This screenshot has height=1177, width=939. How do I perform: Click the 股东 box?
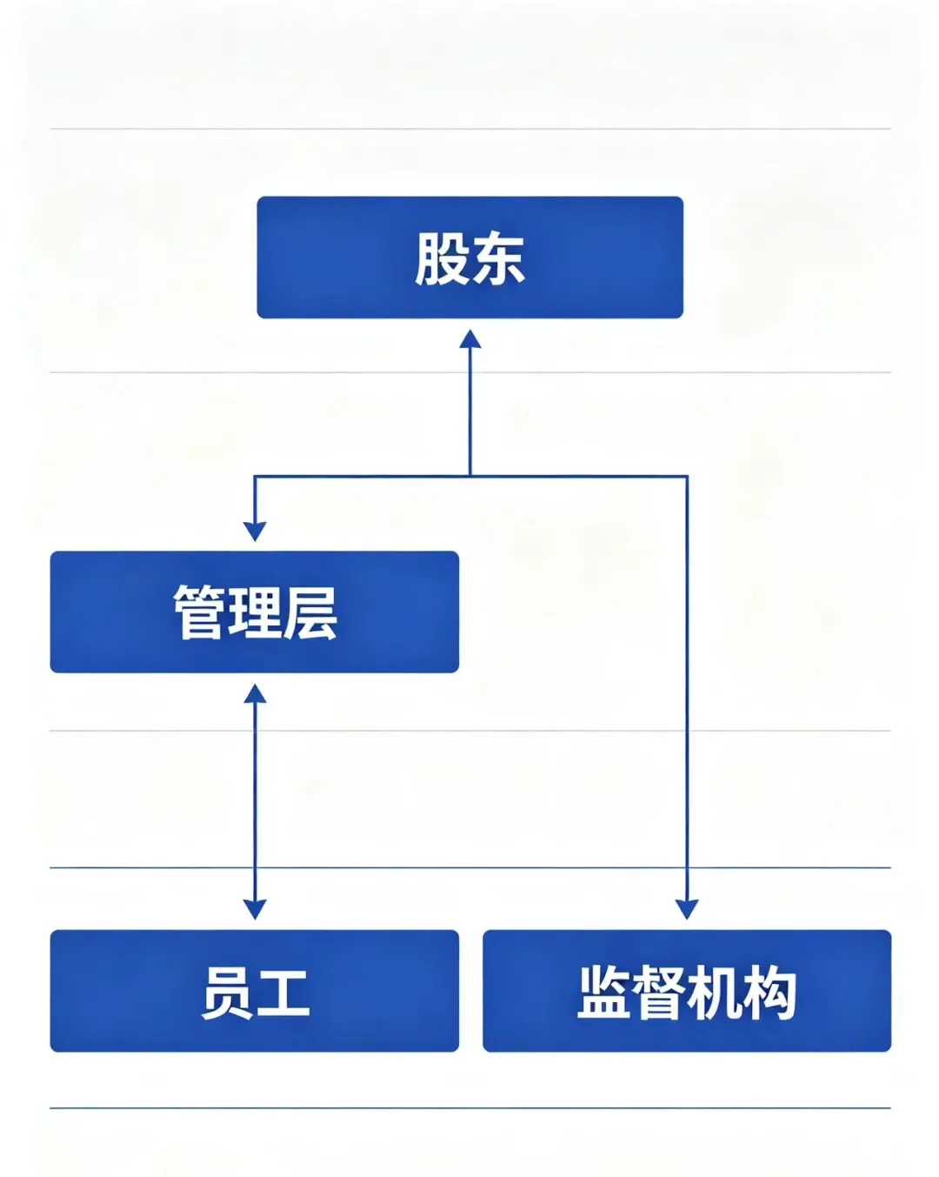pyautogui.click(x=470, y=257)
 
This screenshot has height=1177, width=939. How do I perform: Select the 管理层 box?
pyautogui.click(x=255, y=612)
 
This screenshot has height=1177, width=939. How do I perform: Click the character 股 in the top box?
pyautogui.click(x=442, y=258)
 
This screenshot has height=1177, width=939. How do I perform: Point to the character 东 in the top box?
pyautogui.click(x=498, y=258)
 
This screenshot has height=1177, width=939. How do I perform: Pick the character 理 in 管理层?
pyautogui.click(x=255, y=612)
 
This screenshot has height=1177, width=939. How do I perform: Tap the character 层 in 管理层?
pyautogui.click(x=310, y=612)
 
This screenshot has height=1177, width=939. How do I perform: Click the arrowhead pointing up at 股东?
pyautogui.click(x=470, y=339)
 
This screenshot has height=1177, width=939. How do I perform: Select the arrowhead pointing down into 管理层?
pyautogui.click(x=255, y=531)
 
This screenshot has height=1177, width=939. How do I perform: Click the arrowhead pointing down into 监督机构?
pyautogui.click(x=687, y=910)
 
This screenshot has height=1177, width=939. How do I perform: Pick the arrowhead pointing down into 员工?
pyautogui.click(x=255, y=910)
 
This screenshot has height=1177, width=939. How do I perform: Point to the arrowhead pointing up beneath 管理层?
pyautogui.click(x=255, y=693)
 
